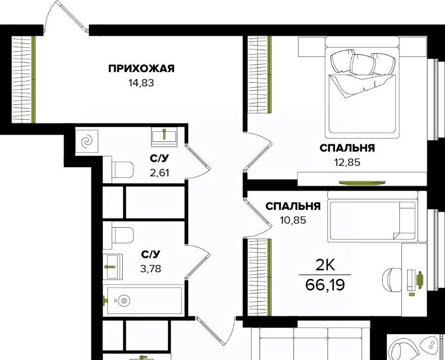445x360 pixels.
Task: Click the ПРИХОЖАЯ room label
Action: [141, 69]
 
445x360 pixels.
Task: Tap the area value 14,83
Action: [141, 83]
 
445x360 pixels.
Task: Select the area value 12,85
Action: [347, 162]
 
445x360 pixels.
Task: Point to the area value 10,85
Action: [293, 220]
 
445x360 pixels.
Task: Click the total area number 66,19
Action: [325, 284]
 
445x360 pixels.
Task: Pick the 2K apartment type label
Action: [325, 266]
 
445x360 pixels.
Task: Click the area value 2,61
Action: [160, 172]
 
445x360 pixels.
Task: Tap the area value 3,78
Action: [151, 268]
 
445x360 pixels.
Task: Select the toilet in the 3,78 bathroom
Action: [123, 235]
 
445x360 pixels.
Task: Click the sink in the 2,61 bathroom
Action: [164, 136]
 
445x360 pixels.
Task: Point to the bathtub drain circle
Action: [124, 300]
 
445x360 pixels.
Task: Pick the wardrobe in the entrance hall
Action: [24, 80]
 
